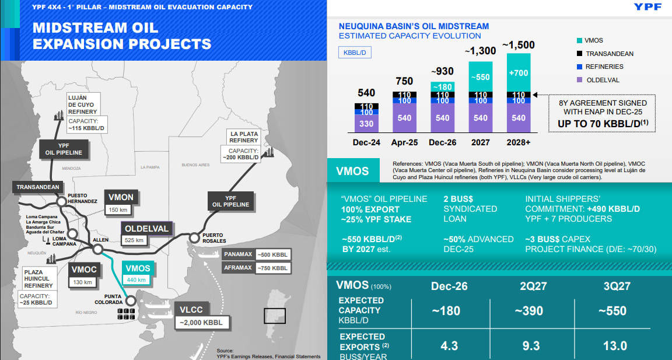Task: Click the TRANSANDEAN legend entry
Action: click(x=609, y=54)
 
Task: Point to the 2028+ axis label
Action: click(x=519, y=142)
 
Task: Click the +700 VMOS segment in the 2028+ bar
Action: click(x=519, y=74)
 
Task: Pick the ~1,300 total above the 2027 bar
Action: click(x=480, y=51)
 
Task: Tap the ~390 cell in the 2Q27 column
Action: click(x=530, y=310)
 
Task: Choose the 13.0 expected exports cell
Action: click(x=615, y=345)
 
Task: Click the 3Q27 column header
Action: click(x=615, y=286)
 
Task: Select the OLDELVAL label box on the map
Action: click(x=146, y=229)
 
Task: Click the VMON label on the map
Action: click(x=121, y=197)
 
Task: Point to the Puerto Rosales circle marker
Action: click(x=194, y=237)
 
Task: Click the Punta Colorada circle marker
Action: click(x=130, y=301)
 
